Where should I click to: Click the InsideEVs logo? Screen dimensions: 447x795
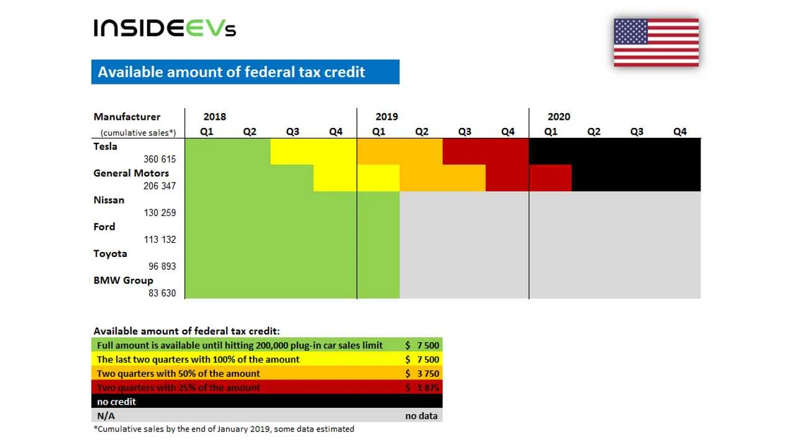click(165, 28)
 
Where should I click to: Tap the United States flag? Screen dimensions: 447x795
click(656, 42)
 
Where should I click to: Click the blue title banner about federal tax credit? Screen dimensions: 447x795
click(245, 72)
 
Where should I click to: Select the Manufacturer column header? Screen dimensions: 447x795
click(127, 117)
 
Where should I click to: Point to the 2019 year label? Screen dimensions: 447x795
click(386, 117)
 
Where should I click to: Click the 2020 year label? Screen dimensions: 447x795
click(558, 117)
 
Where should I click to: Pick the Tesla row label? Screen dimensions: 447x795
click(105, 147)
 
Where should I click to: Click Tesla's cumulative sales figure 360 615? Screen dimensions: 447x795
click(160, 160)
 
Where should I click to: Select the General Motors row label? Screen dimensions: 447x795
click(131, 173)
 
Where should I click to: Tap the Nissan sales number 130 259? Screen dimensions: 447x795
click(160, 213)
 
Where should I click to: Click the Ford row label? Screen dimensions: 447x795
click(104, 227)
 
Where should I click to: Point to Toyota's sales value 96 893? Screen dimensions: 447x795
click(161, 266)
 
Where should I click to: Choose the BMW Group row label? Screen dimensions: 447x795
click(123, 280)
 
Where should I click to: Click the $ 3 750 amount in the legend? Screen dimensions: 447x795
click(422, 374)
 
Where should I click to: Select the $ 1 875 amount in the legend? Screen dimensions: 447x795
click(422, 388)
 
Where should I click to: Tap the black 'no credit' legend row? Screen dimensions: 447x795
click(266, 402)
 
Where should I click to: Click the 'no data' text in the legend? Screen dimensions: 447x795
click(421, 416)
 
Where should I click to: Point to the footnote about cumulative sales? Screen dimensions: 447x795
click(224, 429)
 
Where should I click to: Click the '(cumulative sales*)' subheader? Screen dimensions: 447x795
click(138, 133)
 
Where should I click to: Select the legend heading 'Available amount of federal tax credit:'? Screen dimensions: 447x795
click(186, 332)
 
